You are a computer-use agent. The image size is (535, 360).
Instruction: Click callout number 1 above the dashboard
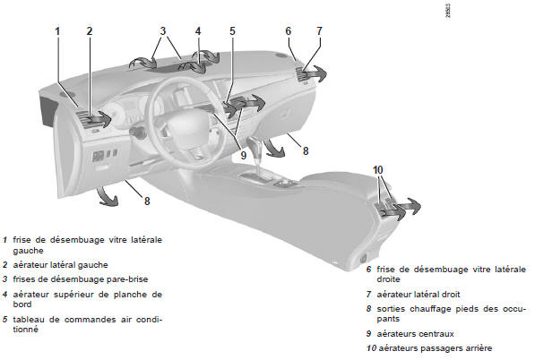(x=57, y=31)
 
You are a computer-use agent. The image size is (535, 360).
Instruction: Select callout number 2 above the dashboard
(x=90, y=31)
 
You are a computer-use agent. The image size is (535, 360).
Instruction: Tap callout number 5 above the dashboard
(x=232, y=31)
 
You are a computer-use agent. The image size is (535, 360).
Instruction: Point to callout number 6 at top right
(x=289, y=31)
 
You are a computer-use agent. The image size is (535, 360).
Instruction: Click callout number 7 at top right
(x=319, y=31)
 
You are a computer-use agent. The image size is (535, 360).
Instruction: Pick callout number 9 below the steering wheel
(x=243, y=156)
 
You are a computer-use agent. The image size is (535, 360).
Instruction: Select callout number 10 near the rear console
(x=378, y=170)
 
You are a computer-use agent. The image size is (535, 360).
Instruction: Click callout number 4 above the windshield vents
(x=198, y=31)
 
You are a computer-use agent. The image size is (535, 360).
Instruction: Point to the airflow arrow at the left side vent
(x=99, y=120)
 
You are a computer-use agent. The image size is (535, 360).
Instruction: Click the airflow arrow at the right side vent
(x=314, y=73)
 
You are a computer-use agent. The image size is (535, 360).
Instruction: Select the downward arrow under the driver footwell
(x=107, y=197)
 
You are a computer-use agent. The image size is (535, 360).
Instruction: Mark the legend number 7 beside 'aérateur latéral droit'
(x=369, y=295)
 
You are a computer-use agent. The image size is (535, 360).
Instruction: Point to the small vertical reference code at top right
(x=448, y=11)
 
